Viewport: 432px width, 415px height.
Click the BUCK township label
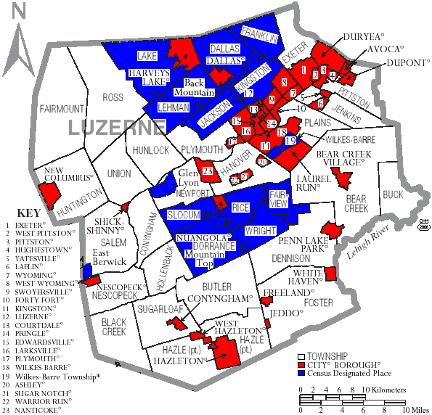(393, 194)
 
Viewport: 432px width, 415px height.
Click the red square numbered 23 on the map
(208, 172)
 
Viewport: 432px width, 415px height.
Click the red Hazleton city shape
(227, 354)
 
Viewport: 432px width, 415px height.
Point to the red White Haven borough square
(330, 274)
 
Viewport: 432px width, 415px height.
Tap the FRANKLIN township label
(260, 34)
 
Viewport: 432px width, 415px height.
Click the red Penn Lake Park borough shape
(334, 230)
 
